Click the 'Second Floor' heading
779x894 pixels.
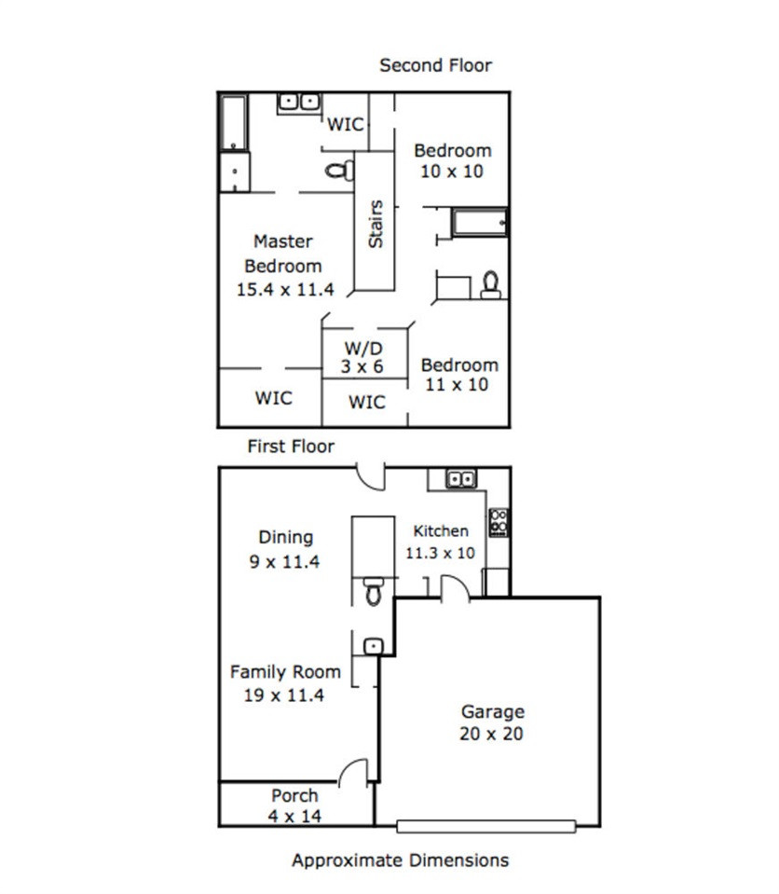click(435, 65)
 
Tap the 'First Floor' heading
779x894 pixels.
click(291, 446)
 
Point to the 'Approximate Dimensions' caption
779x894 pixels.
click(400, 860)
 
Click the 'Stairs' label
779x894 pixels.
click(376, 224)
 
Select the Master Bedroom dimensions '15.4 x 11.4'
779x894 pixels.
click(285, 289)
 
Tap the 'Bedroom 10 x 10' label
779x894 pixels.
click(453, 160)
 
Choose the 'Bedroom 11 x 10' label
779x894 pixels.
click(459, 375)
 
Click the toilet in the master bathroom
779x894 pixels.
click(339, 170)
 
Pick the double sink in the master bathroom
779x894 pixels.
click(299, 103)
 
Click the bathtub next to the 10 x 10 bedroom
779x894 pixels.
click(479, 223)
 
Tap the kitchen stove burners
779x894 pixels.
click(499, 522)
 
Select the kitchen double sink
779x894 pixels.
click(461, 479)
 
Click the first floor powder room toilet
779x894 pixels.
click(374, 591)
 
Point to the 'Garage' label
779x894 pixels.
click(492, 711)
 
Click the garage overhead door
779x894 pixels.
click(486, 826)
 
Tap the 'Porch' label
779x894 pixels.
click(294, 795)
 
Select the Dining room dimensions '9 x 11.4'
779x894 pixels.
click(284, 561)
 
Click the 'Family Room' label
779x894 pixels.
click(285, 671)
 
